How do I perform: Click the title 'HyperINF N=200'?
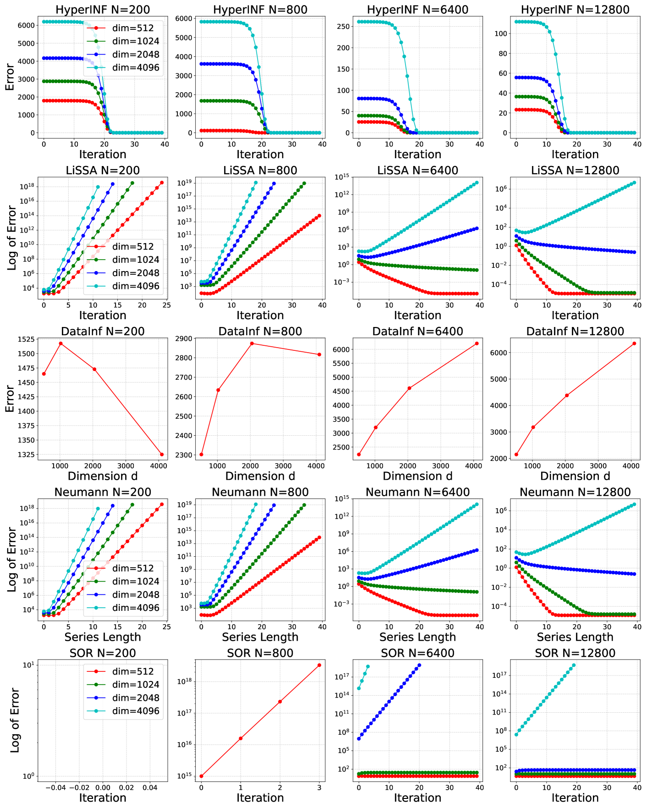tap(103, 10)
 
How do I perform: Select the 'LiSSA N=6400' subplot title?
tap(417, 171)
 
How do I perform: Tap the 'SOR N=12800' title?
tap(575, 653)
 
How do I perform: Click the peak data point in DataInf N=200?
tap(60, 344)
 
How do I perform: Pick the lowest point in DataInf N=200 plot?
tap(162, 454)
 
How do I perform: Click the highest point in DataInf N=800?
tap(252, 344)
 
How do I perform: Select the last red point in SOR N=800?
tap(319, 665)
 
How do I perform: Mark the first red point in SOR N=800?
tap(201, 776)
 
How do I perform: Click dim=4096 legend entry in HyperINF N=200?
tap(136, 68)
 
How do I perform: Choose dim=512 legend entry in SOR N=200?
tap(133, 671)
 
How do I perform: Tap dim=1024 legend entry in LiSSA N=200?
tap(136, 260)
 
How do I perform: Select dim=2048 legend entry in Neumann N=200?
tap(136, 595)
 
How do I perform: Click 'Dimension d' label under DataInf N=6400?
tap(417, 476)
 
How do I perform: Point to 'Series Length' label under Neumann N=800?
tap(260, 637)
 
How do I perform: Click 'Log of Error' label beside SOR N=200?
tap(15, 720)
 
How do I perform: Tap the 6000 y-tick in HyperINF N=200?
tap(26, 25)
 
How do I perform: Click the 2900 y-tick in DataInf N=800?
tap(184, 338)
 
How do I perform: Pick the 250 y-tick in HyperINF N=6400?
tap(343, 26)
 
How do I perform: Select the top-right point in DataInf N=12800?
tap(634, 344)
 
